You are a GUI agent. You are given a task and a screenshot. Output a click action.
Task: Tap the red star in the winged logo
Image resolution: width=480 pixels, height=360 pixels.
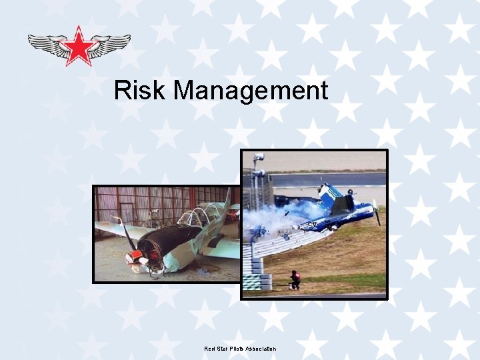click(79, 45)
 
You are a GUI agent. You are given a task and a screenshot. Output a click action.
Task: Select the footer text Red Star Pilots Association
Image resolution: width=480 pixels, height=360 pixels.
click(240, 349)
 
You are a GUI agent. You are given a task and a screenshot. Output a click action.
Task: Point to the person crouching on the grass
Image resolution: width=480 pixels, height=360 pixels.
click(294, 279)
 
